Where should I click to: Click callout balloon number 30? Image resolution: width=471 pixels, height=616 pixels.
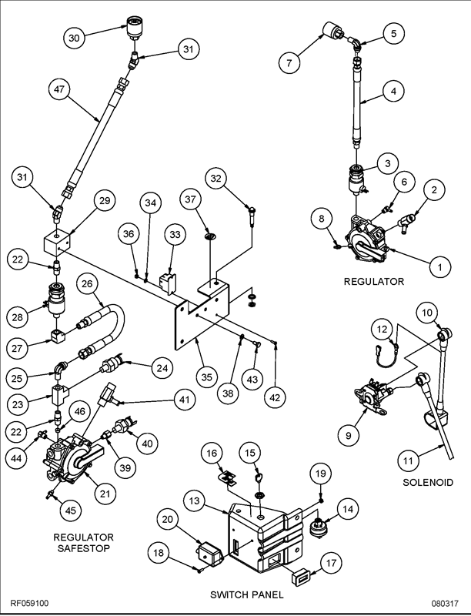(73, 37)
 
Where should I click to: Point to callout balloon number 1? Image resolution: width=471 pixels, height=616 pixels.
(439, 267)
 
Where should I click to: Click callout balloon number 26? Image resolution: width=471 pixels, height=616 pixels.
(87, 286)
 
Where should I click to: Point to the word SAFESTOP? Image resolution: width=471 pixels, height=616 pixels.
(83, 548)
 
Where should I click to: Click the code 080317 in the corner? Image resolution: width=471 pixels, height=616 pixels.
(446, 604)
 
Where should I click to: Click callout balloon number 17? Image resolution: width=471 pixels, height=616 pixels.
(329, 563)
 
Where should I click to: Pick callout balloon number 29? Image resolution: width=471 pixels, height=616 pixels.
(103, 201)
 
